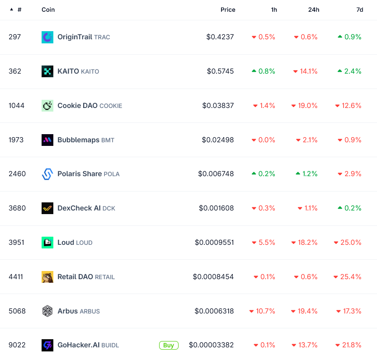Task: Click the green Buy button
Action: pos(169,345)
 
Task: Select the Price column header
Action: pos(228,9)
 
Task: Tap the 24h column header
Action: pos(314,9)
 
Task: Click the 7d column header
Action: pos(359,9)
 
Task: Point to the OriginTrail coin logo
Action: pos(47,37)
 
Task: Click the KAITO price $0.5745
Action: pos(220,71)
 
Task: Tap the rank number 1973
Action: pos(17,140)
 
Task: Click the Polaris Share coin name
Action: pos(80,174)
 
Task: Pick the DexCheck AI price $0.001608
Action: pos(216,208)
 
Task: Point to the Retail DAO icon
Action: pos(47,277)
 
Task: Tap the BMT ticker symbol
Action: pos(108,140)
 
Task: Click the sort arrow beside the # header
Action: pos(11,9)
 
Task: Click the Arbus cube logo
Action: pos(47,311)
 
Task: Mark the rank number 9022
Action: pos(17,345)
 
